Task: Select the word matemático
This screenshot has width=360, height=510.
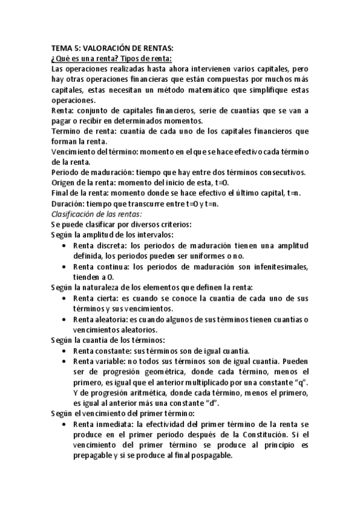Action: [192, 90]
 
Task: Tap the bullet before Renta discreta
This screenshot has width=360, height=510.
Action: [65, 245]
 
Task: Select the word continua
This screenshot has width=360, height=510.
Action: [112, 266]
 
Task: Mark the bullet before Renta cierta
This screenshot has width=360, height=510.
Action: [65, 298]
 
